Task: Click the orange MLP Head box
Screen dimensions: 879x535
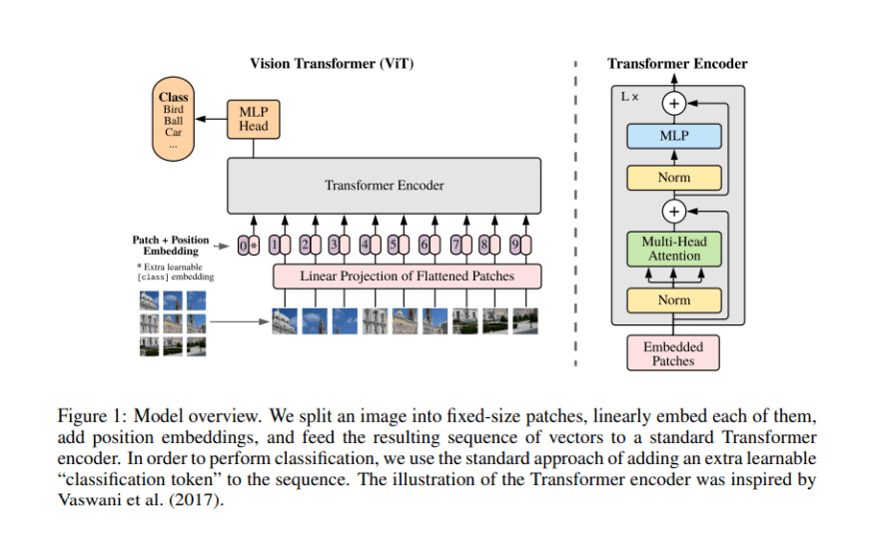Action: (254, 120)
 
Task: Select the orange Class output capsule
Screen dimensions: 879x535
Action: (173, 120)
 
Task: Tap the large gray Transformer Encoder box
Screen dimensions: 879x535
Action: (384, 186)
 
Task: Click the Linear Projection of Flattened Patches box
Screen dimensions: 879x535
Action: (407, 276)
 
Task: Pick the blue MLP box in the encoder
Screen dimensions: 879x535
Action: (674, 136)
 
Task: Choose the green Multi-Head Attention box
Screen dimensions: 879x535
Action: (674, 249)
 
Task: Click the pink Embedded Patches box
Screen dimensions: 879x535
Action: (673, 353)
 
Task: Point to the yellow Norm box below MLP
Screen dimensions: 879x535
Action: (674, 178)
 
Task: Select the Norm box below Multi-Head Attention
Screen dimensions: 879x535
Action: (674, 300)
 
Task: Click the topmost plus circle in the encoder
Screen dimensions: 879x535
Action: (674, 104)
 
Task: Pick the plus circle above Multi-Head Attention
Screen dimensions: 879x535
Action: (674, 212)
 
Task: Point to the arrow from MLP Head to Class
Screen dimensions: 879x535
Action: (211, 119)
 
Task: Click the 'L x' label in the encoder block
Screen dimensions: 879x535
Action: (629, 97)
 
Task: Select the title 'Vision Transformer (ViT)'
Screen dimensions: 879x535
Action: (332, 63)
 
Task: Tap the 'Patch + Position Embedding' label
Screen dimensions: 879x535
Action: (171, 246)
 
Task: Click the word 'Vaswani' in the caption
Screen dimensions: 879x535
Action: (89, 499)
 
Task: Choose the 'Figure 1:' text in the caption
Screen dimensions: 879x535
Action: (93, 416)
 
